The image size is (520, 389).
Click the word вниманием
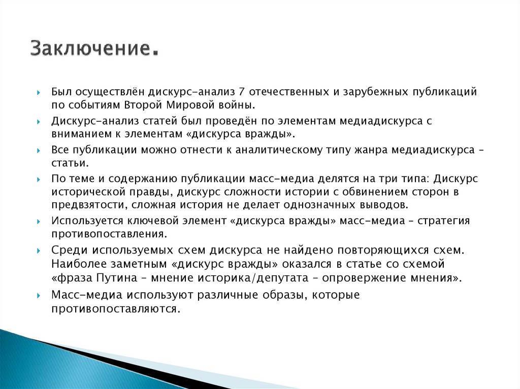click(77, 134)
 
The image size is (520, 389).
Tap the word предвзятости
click(83, 205)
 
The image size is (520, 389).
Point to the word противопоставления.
click(108, 234)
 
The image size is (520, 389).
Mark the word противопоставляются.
click(115, 308)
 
